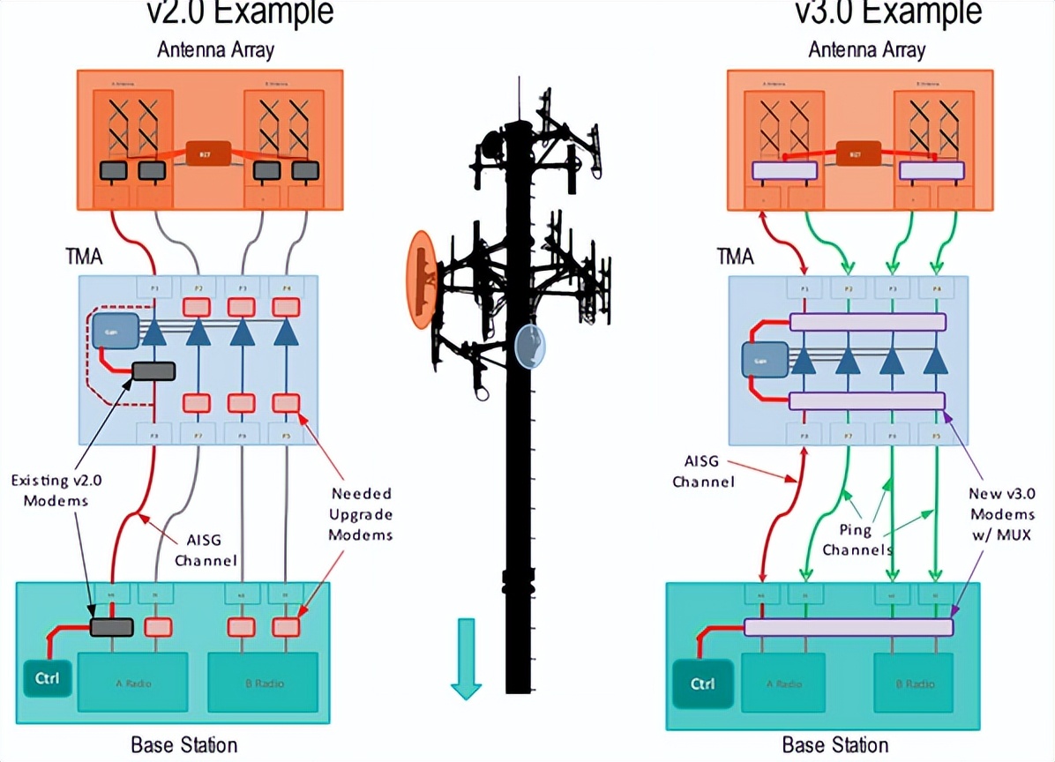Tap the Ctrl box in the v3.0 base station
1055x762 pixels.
[702, 684]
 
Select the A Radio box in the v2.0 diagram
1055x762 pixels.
[133, 682]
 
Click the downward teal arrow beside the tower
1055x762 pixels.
[465, 658]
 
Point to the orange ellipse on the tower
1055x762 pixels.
[422, 278]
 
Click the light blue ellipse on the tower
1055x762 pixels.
[530, 346]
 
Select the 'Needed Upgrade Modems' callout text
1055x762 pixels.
[361, 514]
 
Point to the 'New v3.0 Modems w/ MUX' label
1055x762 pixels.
[1000, 514]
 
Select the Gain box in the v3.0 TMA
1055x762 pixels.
[759, 359]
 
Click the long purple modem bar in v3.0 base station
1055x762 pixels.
[849, 627]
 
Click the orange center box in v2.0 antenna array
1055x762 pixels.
[209, 153]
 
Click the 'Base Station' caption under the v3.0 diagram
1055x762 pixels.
[834, 745]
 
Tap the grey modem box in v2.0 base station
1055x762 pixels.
[112, 627]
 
